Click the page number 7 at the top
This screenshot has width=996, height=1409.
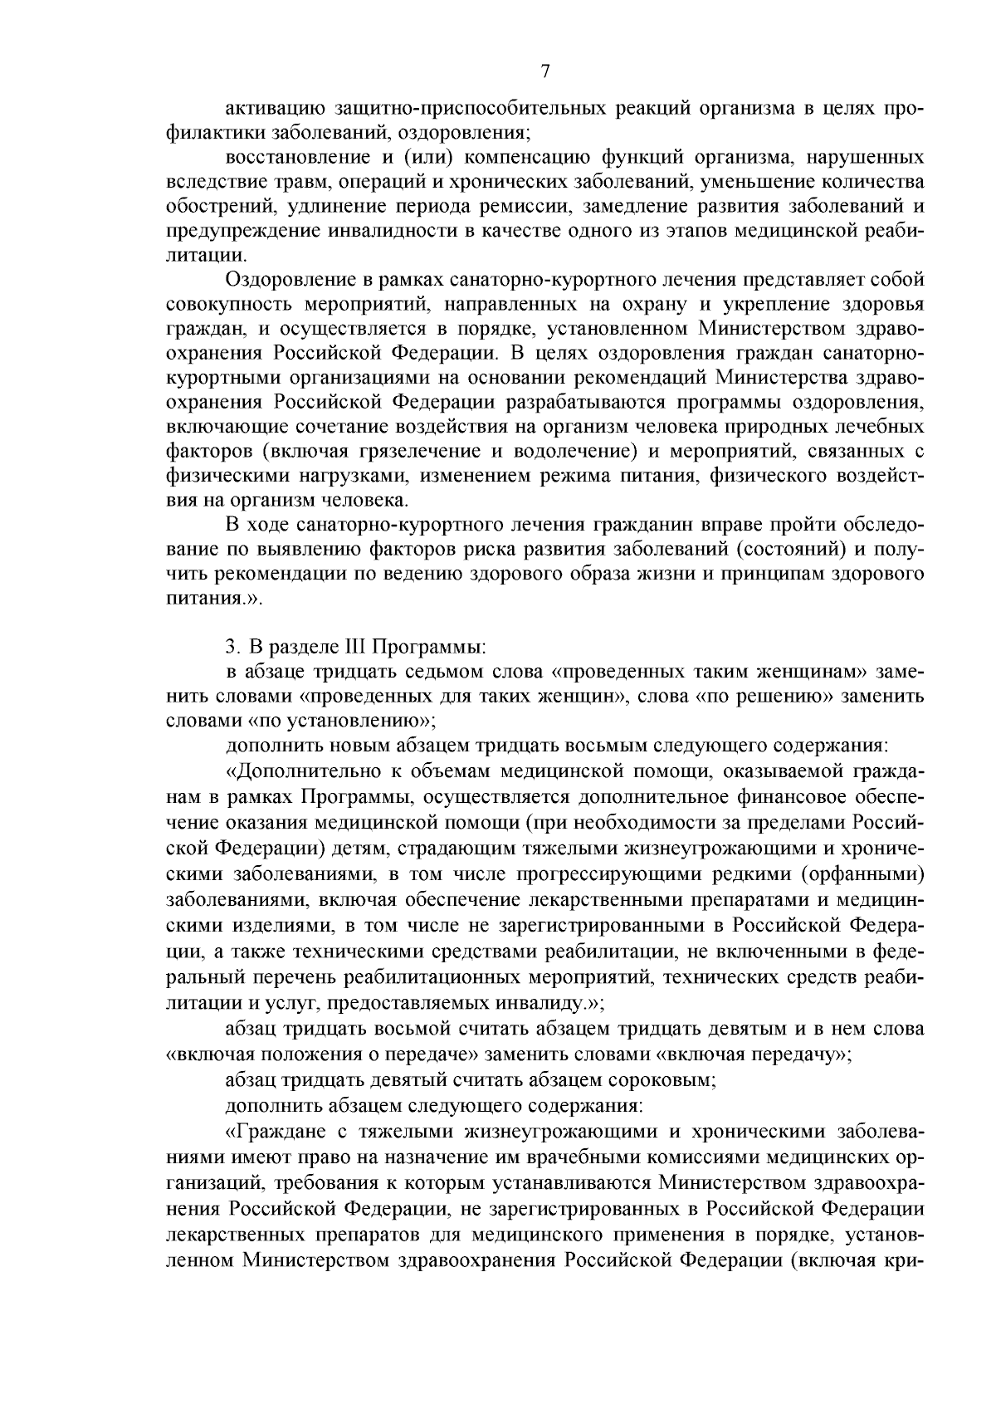[x=544, y=71]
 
